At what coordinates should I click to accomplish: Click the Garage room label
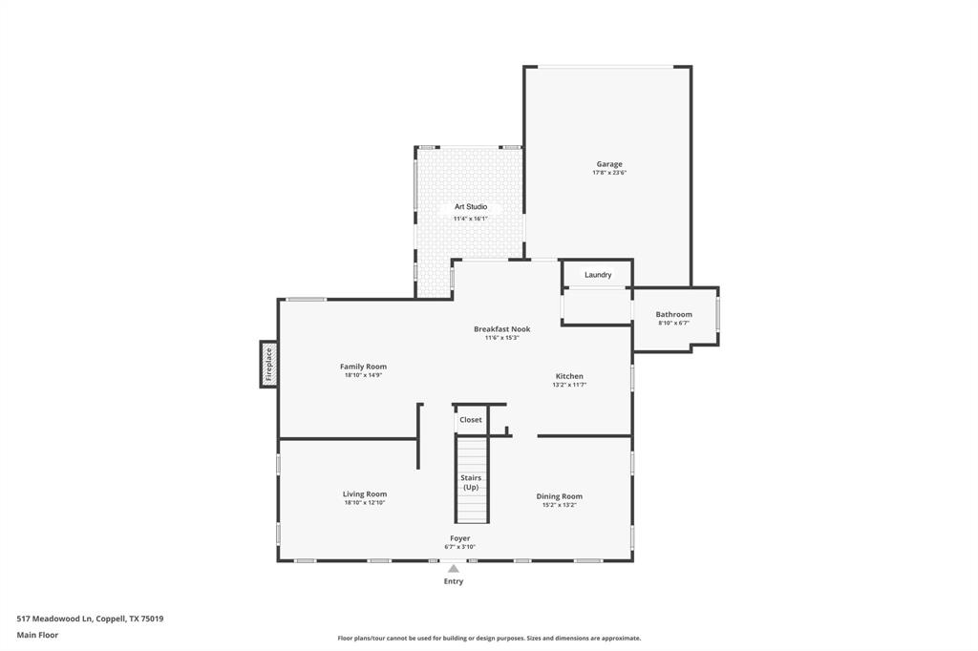coord(608,164)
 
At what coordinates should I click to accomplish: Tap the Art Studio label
coord(470,206)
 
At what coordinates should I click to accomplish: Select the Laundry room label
coord(598,275)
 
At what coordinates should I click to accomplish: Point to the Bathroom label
coord(673,314)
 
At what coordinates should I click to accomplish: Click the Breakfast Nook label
coord(501,329)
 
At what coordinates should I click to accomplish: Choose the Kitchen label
coord(569,376)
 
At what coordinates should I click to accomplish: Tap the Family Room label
coord(363,367)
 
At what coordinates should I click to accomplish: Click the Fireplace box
coord(268,365)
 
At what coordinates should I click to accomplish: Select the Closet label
coord(471,420)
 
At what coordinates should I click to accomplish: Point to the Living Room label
coord(364,494)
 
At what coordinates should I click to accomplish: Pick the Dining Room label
coord(559,496)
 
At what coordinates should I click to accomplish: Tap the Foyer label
coord(459,538)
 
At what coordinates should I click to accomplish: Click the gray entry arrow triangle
coord(454,569)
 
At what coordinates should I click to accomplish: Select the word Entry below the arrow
coord(454,581)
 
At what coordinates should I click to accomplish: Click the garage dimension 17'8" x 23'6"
coord(608,173)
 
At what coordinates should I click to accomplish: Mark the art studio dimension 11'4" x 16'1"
coord(470,219)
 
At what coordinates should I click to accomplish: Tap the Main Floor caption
coord(37,635)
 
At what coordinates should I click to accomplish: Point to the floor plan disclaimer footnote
coord(489,639)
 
